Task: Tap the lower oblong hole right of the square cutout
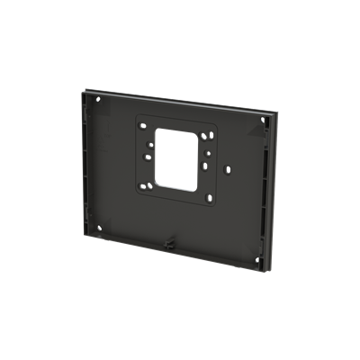click(x=208, y=166)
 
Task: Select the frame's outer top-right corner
click(x=272, y=112)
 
